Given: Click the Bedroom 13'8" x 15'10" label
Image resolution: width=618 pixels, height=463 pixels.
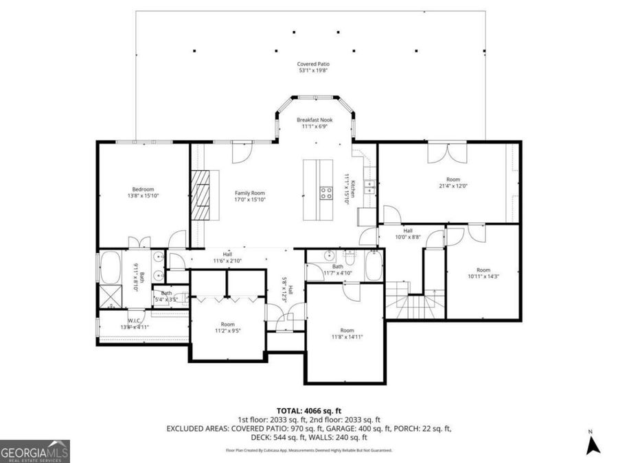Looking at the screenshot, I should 143,193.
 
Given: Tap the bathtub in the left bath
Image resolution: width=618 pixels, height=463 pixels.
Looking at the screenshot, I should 111,268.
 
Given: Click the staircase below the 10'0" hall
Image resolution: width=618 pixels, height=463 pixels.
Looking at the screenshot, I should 405,302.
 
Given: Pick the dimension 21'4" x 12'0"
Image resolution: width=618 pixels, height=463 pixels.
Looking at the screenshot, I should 453,185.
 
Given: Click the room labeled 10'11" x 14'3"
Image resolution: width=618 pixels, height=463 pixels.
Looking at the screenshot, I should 483,273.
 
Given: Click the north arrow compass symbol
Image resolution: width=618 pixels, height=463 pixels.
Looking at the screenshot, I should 593,444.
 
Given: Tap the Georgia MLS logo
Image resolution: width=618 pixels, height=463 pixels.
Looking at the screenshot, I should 35,451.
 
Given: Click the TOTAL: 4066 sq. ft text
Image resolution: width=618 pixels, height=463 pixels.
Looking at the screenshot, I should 308,410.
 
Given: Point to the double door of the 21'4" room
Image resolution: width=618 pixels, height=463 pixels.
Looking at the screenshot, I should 439,153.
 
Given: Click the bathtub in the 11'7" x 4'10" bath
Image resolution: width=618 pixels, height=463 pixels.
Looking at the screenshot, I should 373,266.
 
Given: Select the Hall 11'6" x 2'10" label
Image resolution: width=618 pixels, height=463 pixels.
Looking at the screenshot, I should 227,257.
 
